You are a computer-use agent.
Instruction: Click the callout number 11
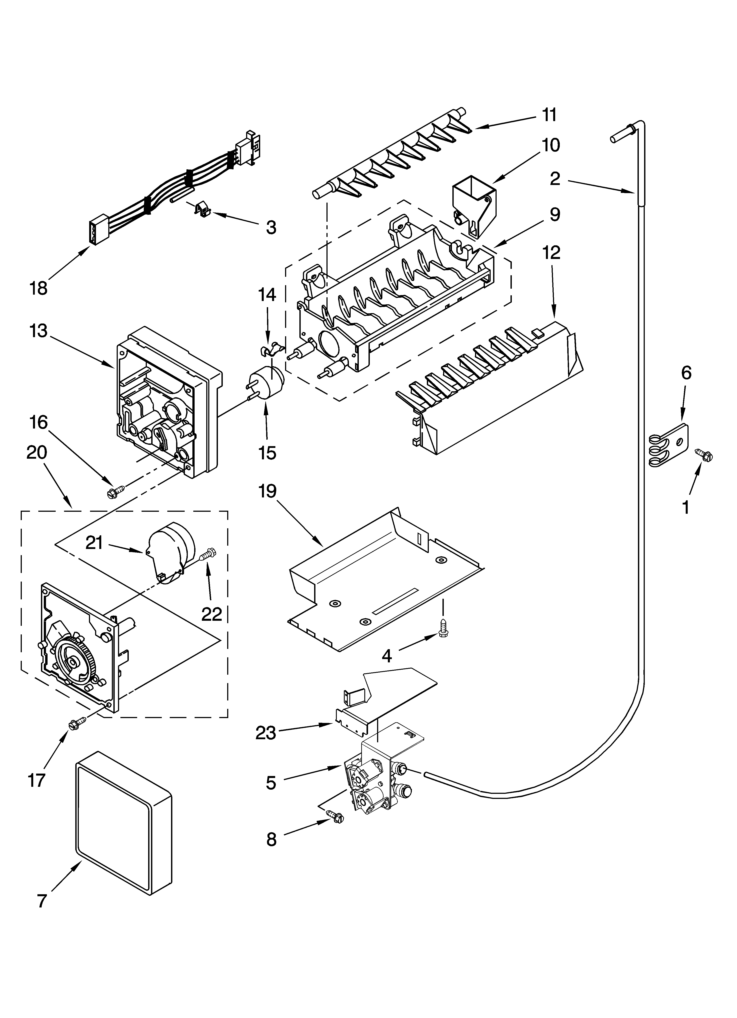click(549, 115)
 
